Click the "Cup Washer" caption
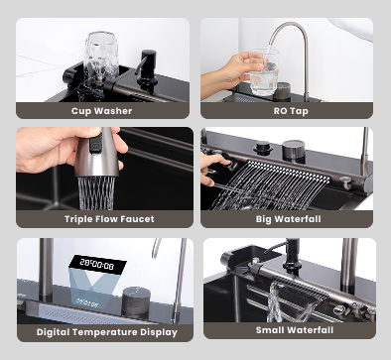click(x=101, y=111)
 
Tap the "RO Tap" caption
click(x=291, y=111)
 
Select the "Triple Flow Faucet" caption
click(x=109, y=219)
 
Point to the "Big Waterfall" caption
click(x=288, y=219)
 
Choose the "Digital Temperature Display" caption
click(x=107, y=332)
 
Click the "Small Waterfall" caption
click(x=295, y=330)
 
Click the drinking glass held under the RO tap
click(x=264, y=72)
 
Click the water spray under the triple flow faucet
click(x=96, y=193)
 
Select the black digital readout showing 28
click(x=98, y=264)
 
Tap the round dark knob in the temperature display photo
click(x=136, y=300)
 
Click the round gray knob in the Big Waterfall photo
click(x=293, y=151)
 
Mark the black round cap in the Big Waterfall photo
click(x=263, y=148)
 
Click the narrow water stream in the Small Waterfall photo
click(x=275, y=301)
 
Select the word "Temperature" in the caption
click(x=106, y=332)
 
